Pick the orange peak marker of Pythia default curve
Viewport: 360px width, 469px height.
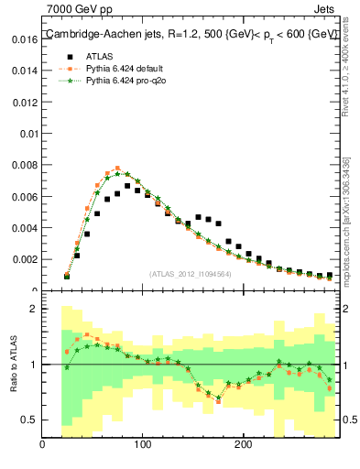tap(117, 169)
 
